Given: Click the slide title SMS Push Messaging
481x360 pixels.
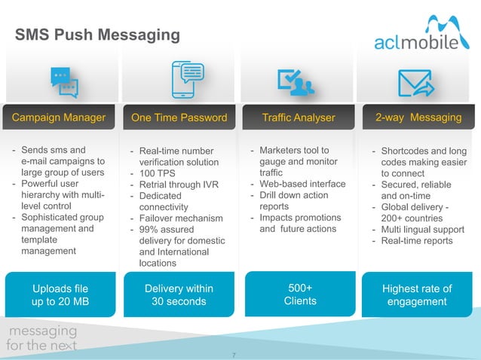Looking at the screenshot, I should (x=98, y=35).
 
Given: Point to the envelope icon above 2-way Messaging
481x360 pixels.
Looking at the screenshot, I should (x=416, y=81).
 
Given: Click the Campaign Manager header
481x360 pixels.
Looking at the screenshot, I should (x=59, y=117).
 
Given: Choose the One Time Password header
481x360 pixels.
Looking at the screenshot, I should (x=179, y=117).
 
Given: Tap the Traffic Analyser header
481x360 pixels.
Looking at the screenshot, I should (x=299, y=117).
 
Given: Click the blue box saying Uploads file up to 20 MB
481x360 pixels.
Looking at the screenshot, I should (x=60, y=294).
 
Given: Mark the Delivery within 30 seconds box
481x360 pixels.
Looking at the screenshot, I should (x=179, y=294).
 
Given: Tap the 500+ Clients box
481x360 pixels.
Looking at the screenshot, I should (x=299, y=294).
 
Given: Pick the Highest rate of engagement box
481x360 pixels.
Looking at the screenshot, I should (x=417, y=295).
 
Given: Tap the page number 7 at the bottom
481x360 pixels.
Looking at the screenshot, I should (x=234, y=353).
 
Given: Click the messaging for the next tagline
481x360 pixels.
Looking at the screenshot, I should (x=42, y=338).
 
